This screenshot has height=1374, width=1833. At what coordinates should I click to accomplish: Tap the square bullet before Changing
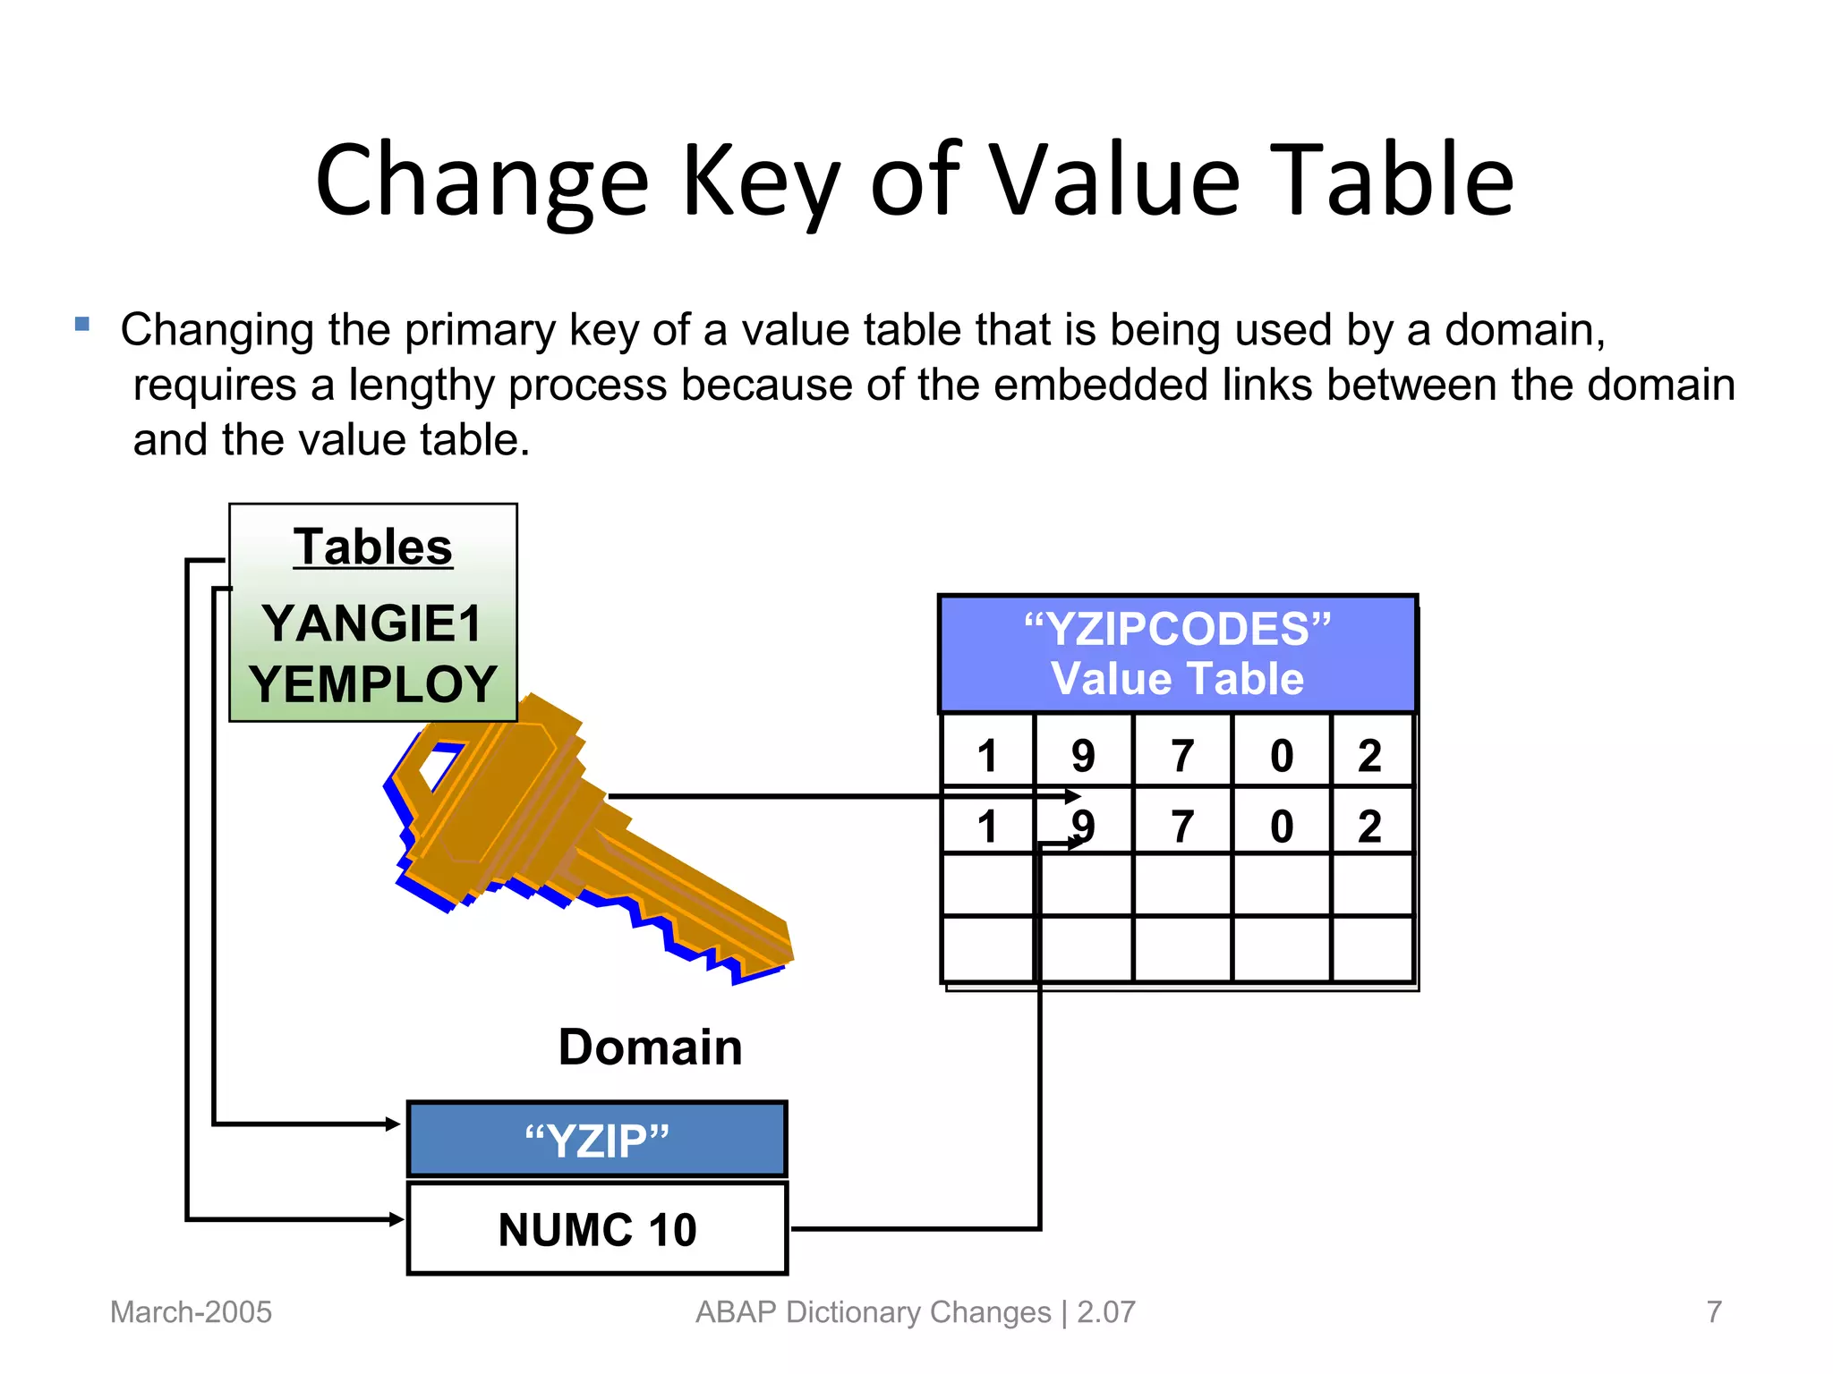click(82, 325)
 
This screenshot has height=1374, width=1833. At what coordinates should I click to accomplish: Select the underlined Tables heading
click(372, 547)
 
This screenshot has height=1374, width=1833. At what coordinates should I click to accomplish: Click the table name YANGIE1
click(372, 623)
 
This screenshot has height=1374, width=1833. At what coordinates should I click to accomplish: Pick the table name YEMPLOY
click(372, 684)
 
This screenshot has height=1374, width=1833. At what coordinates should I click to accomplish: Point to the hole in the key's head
click(438, 768)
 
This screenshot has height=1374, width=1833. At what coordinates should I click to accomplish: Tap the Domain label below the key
click(650, 1047)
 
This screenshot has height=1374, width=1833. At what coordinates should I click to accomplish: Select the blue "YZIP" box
click(597, 1140)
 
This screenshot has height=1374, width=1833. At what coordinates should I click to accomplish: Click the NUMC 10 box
click(597, 1229)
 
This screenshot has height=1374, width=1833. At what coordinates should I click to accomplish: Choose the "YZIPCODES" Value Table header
click(1177, 654)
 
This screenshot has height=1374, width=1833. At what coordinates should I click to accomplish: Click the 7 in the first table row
click(1182, 756)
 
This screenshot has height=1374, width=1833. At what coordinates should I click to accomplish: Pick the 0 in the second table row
click(1282, 826)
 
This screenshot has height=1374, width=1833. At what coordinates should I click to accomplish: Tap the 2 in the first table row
click(1369, 756)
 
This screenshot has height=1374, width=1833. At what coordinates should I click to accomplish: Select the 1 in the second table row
click(987, 826)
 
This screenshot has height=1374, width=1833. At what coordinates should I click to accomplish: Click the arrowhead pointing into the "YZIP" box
click(393, 1124)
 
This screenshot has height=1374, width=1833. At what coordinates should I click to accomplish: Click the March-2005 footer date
click(191, 1312)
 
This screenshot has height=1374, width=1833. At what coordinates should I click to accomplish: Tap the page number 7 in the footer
click(1714, 1312)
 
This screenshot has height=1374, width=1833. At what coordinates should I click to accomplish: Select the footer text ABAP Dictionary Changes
click(873, 1312)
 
